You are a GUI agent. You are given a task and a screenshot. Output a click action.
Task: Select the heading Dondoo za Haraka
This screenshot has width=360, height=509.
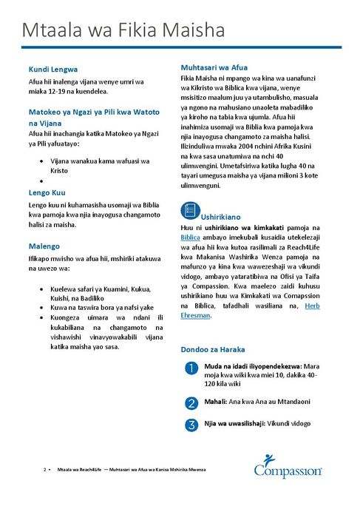coord(213,348)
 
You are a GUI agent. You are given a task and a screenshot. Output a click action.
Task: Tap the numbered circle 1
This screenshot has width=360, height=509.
coord(191,368)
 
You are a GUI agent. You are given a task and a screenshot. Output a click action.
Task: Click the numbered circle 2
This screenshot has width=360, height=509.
coord(191,403)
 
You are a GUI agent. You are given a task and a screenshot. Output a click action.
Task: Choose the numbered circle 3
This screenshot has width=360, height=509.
coord(191,425)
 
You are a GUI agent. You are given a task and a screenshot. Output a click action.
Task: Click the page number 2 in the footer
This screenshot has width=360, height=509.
coord(45,470)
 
